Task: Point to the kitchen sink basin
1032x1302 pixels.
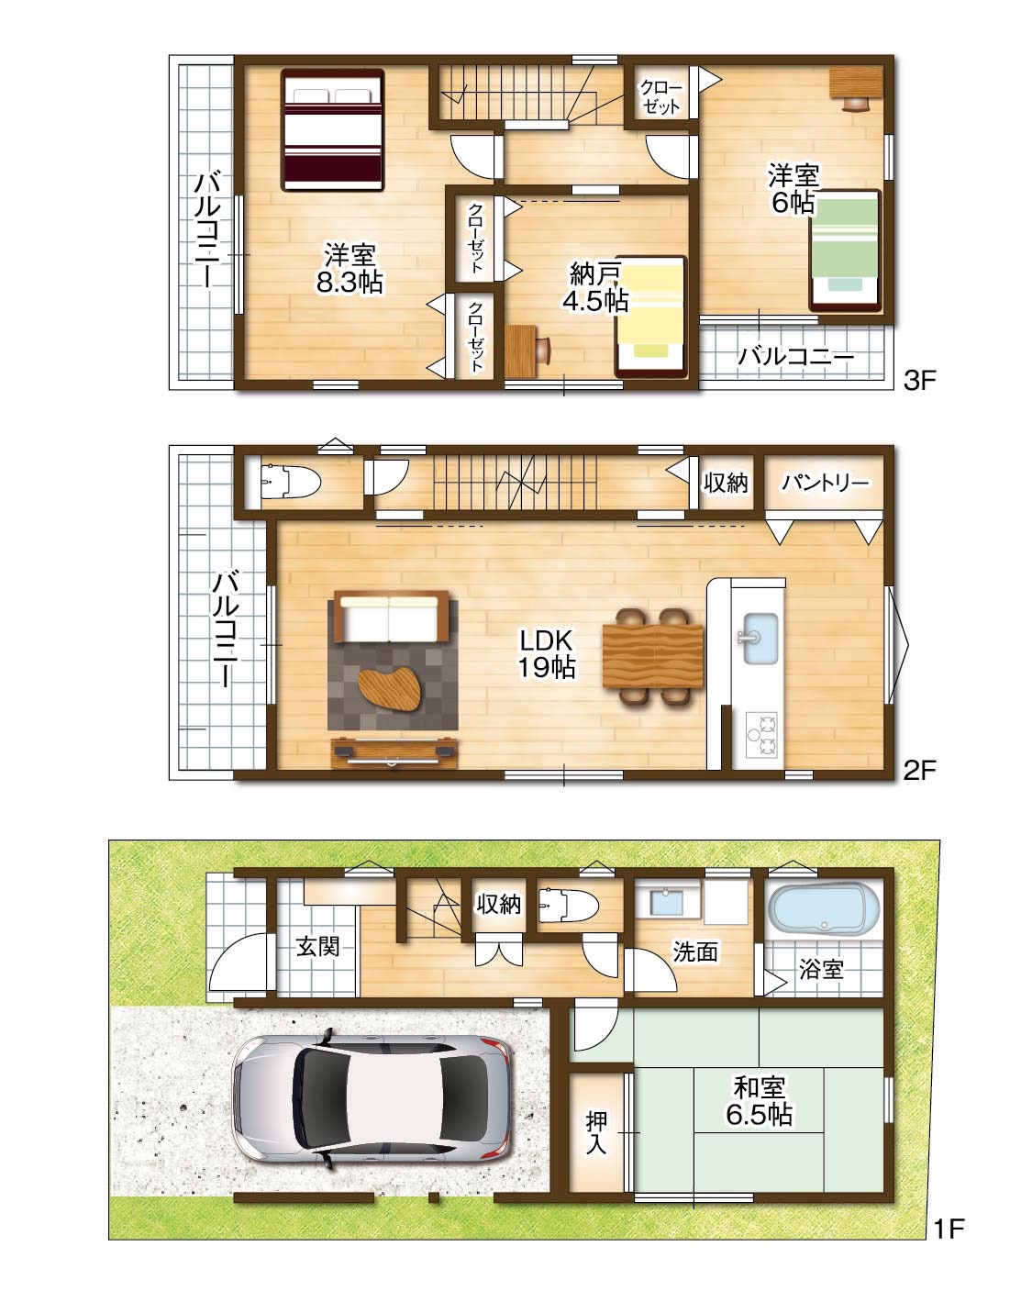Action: click(x=760, y=639)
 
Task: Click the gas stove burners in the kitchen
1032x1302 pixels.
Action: click(x=761, y=734)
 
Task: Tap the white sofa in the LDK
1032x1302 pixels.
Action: click(x=390, y=618)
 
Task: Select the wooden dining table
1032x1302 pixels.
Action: click(x=653, y=656)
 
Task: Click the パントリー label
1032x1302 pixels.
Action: click(x=825, y=483)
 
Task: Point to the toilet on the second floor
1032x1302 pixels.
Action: click(x=290, y=482)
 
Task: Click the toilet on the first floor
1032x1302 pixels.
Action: click(x=568, y=906)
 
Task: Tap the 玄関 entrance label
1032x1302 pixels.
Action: click(x=317, y=947)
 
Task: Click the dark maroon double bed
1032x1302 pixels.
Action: click(x=333, y=129)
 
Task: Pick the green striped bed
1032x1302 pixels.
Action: click(x=845, y=251)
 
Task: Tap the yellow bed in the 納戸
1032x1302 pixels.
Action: click(x=651, y=317)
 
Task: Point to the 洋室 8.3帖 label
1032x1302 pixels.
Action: click(x=350, y=268)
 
